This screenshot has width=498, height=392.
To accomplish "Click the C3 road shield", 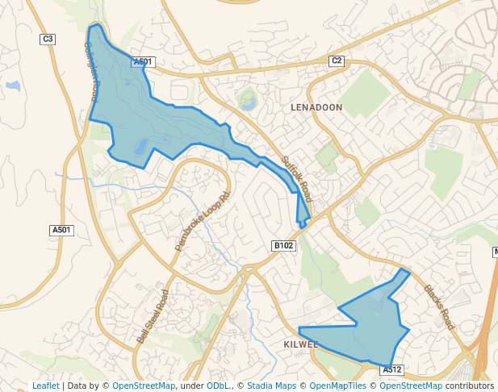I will click(x=48, y=39).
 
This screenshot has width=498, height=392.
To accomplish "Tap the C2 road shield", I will click(x=337, y=60).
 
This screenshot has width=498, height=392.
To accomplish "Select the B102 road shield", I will click(x=283, y=245).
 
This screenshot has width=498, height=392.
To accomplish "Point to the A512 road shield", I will click(x=392, y=369).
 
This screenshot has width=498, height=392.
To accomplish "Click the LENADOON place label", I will click(x=316, y=106).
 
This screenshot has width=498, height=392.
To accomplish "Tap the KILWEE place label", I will click(x=301, y=344).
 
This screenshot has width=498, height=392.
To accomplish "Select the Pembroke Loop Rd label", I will click(x=203, y=220).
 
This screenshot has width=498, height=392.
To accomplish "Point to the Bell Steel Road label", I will click(x=153, y=315).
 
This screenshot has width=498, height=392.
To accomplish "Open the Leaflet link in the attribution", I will click(x=45, y=386).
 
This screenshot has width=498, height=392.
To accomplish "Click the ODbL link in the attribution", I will click(x=218, y=386).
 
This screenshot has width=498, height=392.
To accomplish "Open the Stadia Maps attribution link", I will click(x=271, y=386).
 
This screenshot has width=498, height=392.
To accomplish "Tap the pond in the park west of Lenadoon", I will click(x=248, y=102).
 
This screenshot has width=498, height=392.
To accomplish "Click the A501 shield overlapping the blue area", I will click(x=142, y=62).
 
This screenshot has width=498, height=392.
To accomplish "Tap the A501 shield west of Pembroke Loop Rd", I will click(x=62, y=230).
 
